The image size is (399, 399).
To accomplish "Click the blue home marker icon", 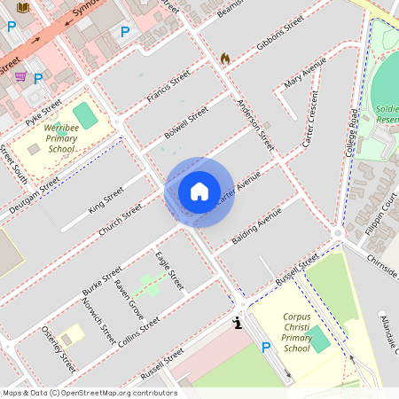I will pos(199,192).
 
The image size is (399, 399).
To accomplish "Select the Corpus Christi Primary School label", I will pos(296,332).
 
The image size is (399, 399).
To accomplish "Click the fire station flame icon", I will pos(225,59).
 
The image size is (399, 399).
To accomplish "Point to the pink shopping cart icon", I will pos(20,77).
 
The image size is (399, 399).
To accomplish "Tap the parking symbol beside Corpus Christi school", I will pos(265,348).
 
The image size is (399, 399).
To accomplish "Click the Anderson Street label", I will pos(255,124).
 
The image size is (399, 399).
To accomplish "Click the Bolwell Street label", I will pos(186,123).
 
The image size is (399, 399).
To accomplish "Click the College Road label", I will pos(353,132).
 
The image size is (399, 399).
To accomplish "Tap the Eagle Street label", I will pos(168,270).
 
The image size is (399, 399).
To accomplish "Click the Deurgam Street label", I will pos(34,196).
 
